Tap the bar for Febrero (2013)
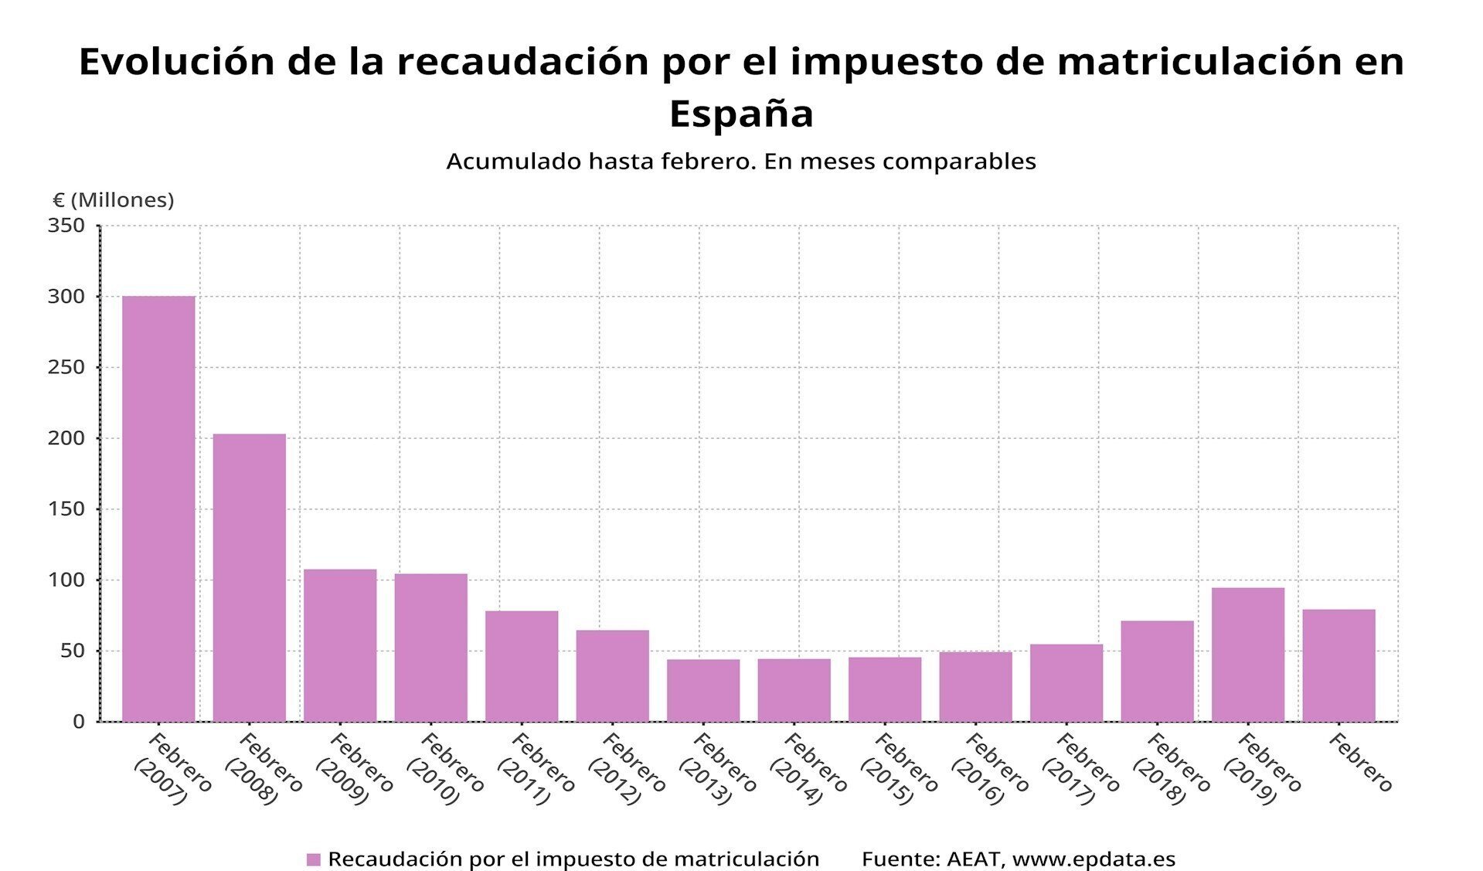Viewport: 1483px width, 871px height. pos(703,690)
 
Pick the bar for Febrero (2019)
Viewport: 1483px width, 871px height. pos(1247,655)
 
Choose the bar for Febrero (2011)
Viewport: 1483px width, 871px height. pos(522,665)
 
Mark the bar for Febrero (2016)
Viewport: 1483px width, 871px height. pos(975,686)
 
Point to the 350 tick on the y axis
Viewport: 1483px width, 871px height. pos(66,226)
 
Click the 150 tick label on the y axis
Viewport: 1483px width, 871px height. pos(66,509)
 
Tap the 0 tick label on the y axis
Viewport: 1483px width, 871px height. pos(78,722)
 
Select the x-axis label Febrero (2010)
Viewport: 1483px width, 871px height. pos(444,769)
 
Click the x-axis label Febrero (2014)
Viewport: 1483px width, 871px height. pos(808,769)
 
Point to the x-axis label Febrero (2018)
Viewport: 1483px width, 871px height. pos(1171,769)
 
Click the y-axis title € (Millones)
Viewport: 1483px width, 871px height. pos(114,200)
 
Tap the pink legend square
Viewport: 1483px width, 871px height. pos(313,859)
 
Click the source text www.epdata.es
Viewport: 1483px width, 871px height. pos(1094,859)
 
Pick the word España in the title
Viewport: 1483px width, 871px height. pos(741,114)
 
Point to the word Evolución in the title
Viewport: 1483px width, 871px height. pos(177,62)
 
